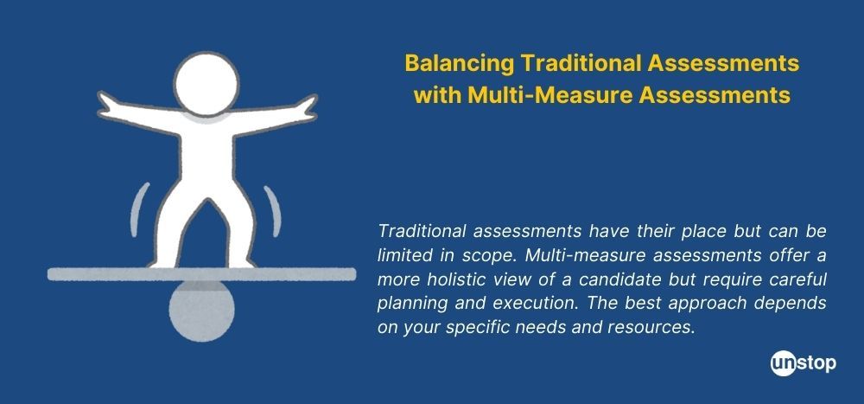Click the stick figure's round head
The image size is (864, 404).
coord(206,84)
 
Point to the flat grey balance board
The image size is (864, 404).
coord(201,274)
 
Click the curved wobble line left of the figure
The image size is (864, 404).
coord(139,210)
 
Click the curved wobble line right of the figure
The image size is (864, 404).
coord(273,211)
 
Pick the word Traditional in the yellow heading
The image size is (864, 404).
coord(581,63)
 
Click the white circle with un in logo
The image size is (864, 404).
coord(784,363)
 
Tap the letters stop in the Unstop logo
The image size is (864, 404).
coord(816,364)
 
